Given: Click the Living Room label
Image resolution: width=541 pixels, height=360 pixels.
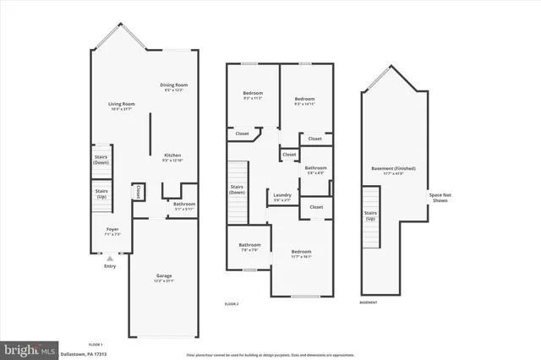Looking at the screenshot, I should (122, 104).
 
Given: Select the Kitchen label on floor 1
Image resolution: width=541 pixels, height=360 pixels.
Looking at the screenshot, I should (172, 155).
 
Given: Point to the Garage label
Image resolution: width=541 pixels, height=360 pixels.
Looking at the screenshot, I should (164, 276).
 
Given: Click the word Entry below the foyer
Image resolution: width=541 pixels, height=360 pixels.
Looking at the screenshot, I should (109, 267).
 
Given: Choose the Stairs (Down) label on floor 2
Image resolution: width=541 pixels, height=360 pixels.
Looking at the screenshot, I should (238, 189).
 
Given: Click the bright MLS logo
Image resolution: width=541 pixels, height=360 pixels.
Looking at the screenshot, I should (30, 349).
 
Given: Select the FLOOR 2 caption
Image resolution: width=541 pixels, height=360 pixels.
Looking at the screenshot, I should (232, 303).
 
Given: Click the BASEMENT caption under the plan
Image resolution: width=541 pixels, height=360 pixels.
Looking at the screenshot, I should (369, 302).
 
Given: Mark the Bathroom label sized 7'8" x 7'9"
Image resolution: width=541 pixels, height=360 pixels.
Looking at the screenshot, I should (249, 246).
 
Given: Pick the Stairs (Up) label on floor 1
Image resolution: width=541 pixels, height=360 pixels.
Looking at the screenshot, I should (101, 193).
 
